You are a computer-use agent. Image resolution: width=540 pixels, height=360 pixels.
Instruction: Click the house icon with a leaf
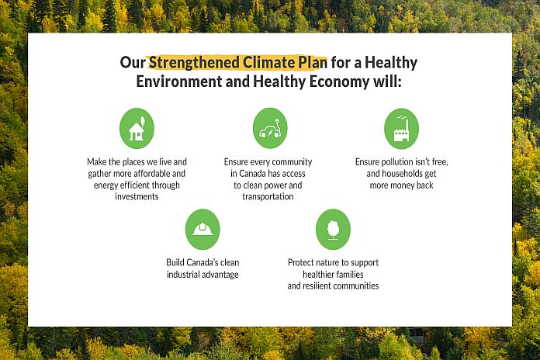click(x=137, y=129)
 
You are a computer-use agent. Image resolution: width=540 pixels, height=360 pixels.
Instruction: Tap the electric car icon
click(x=270, y=128)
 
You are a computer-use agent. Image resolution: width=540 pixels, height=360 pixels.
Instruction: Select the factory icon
click(x=402, y=129)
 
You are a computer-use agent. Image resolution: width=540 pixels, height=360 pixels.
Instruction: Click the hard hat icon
click(x=202, y=230)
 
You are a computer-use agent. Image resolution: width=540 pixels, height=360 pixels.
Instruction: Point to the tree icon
click(x=333, y=230)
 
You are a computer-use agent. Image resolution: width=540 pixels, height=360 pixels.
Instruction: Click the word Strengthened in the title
click(x=194, y=63)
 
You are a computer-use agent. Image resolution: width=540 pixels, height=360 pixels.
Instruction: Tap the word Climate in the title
click(x=268, y=62)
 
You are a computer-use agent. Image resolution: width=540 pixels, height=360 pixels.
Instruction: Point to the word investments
click(x=137, y=196)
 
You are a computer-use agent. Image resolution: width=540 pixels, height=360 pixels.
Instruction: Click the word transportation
click(x=268, y=196)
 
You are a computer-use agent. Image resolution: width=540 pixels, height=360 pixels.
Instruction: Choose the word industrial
click(x=183, y=274)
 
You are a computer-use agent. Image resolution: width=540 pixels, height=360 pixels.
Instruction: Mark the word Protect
click(x=301, y=262)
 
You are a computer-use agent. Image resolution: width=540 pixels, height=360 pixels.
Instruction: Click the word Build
click(x=175, y=262)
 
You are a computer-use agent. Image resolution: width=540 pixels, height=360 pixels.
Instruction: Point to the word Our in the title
click(x=133, y=63)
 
